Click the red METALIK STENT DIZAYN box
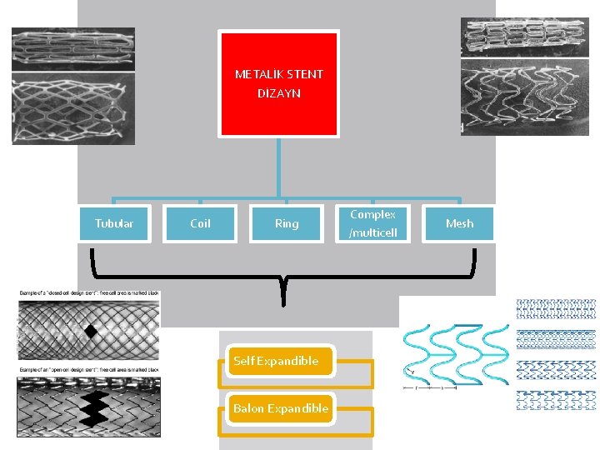[278, 83]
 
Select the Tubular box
[114, 223]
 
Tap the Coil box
[200, 223]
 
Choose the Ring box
[286, 223]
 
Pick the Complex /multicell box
[372, 223]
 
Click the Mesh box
[459, 223]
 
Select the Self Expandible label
[276, 361]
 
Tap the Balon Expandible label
[281, 408]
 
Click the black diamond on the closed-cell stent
[91, 333]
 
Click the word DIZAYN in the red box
[278, 94]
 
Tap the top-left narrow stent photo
[72, 48]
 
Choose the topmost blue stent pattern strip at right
[556, 309]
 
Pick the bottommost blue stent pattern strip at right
[556, 400]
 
